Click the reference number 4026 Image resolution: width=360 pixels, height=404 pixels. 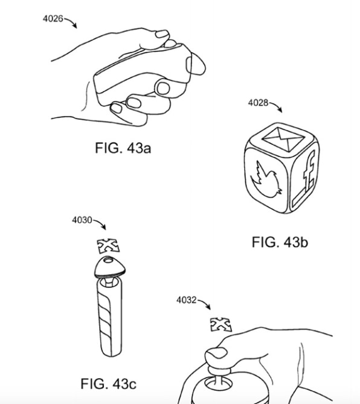coord(53,19)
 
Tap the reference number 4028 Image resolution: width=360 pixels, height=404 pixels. coord(258,103)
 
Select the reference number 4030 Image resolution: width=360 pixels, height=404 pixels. coord(82,220)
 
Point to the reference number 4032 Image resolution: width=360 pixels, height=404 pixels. coord(187,300)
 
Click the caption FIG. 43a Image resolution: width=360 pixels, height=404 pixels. coord(123,148)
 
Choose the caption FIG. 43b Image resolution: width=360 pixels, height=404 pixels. coord(280,242)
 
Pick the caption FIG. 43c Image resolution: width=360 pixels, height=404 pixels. coord(108,383)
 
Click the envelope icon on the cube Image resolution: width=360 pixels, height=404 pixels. coord(283,139)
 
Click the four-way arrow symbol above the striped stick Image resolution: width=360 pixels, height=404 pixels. coord(109,246)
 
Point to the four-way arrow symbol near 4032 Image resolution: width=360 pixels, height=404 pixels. coord(221,325)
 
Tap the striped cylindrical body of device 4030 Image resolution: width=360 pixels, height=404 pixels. coord(110,318)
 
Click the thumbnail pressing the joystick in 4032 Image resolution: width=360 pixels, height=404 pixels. coord(217,353)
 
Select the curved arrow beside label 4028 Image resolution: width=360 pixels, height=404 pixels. coord(276,105)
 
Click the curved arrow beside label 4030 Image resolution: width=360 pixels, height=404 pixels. coord(100,223)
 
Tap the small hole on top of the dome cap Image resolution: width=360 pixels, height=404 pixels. coord(109,260)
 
